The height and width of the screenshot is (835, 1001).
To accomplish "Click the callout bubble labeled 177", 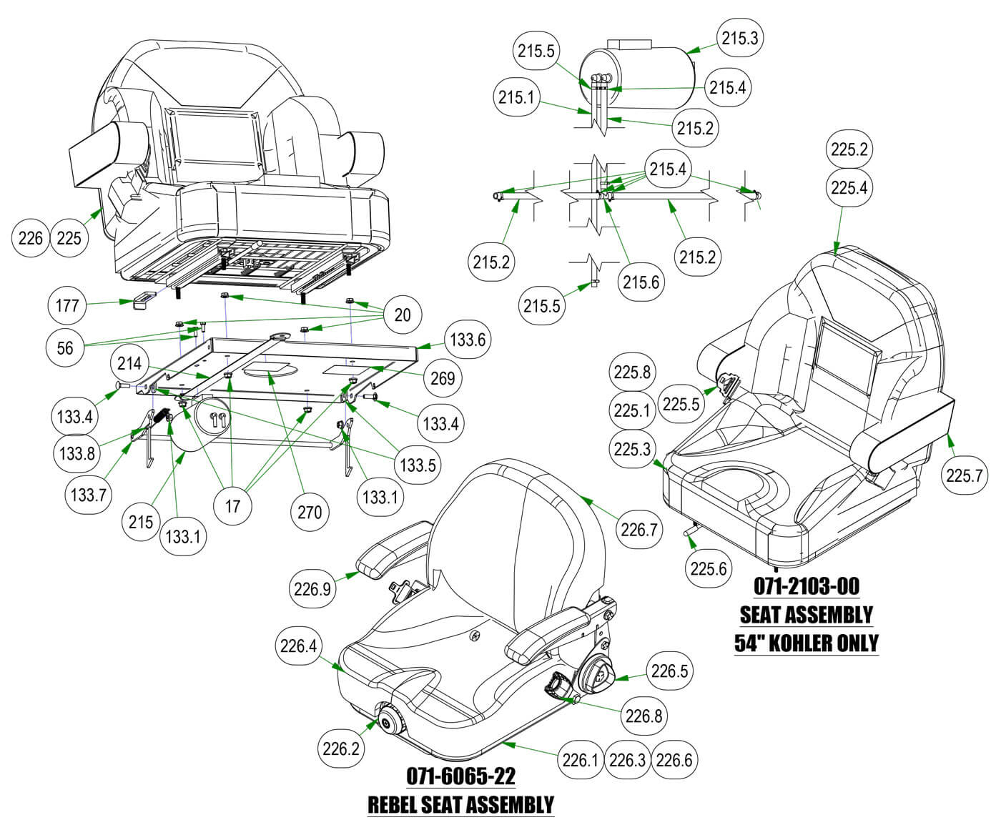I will point(67,306).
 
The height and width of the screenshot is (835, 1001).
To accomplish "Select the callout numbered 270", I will point(309,512).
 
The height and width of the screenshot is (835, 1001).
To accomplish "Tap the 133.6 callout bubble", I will point(468,340).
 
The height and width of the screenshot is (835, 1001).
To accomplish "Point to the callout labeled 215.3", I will point(739,39).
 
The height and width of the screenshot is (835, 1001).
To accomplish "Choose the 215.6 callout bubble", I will point(641,282).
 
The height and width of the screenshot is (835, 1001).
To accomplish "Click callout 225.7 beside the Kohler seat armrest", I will point(965,475).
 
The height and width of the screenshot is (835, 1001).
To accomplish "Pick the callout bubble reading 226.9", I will point(312,590).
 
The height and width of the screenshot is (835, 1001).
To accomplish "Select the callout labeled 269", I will point(443,377).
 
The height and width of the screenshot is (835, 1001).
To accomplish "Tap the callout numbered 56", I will point(65,347).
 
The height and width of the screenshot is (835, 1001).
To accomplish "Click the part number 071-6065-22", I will point(460,776).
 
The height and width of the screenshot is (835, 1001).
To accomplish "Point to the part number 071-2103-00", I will point(806,586).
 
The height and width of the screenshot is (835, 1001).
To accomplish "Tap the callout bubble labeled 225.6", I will point(709,569).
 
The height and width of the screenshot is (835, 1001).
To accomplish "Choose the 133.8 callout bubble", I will point(77,453).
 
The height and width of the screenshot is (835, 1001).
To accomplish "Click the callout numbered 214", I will point(129,364).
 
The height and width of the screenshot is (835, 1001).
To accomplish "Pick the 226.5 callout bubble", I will point(669,671).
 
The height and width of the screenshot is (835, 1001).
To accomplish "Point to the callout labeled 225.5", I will point(681,404).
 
